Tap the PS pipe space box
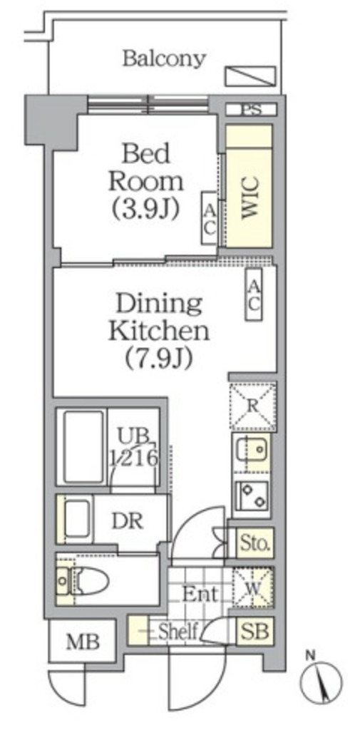tap(251, 110)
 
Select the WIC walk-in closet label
tap(250, 197)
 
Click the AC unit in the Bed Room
tap(209, 218)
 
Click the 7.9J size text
tap(159, 359)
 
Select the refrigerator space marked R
tap(253, 406)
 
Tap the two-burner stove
tap(251, 495)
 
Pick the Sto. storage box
tap(254, 543)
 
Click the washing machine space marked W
tap(253, 588)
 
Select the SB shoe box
tap(254, 632)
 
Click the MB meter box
tap(83, 642)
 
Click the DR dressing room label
tap(127, 521)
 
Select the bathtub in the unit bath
tap(83, 447)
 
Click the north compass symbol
tap(321, 681)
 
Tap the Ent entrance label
tap(200, 594)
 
